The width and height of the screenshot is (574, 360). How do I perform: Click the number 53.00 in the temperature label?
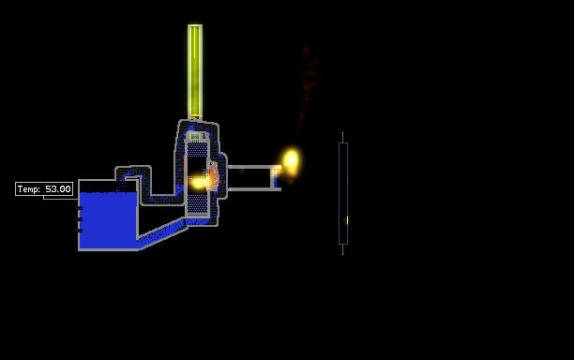click(x=58, y=189)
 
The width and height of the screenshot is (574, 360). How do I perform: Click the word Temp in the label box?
click(x=29, y=189)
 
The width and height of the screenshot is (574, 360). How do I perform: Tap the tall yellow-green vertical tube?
click(x=195, y=71)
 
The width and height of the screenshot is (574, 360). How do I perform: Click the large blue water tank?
click(x=109, y=219)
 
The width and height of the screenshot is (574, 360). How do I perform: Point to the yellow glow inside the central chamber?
click(x=199, y=182)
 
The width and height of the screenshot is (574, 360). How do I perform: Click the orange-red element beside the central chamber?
click(x=212, y=178)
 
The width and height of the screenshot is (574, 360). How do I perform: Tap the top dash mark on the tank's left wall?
click(x=79, y=208)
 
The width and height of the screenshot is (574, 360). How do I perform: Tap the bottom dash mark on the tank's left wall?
click(x=79, y=231)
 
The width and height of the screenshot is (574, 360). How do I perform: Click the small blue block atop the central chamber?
click(x=195, y=137)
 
